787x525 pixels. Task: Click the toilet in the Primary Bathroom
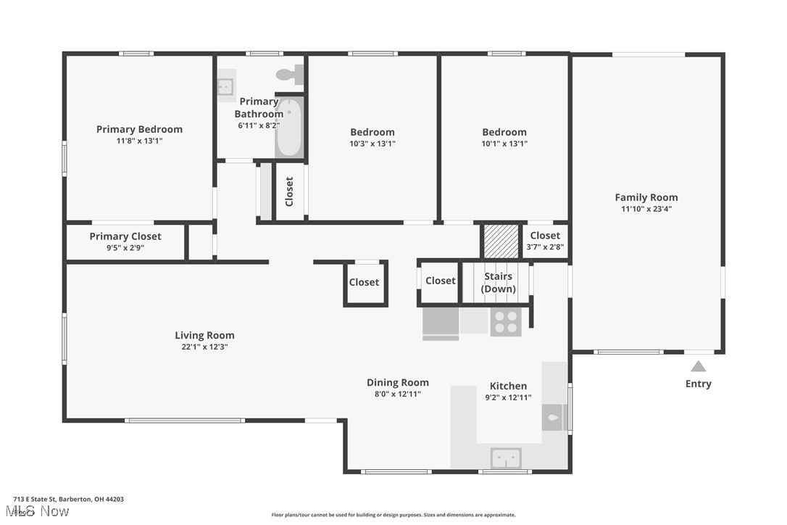pyautogui.click(x=290, y=73)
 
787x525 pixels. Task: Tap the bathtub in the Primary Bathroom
pyautogui.click(x=288, y=128)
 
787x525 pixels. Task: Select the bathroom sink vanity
pyautogui.click(x=225, y=86)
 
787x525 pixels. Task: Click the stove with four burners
pyautogui.click(x=506, y=321)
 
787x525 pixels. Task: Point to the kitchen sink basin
pyautogui.click(x=506, y=458)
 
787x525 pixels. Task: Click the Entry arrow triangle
pyautogui.click(x=698, y=366)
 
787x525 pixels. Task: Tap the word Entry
pyautogui.click(x=698, y=384)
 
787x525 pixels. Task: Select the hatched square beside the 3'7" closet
pyautogui.click(x=501, y=241)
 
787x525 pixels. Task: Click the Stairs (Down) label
pyautogui.click(x=499, y=283)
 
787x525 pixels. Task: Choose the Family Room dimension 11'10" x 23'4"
pyautogui.click(x=646, y=209)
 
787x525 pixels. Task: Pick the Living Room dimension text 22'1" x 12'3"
pyautogui.click(x=204, y=347)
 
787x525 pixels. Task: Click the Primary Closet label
pyautogui.click(x=125, y=236)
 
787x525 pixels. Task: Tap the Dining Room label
pyautogui.click(x=397, y=382)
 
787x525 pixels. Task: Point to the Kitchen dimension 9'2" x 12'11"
pyautogui.click(x=508, y=397)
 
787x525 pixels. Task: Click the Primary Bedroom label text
pyautogui.click(x=139, y=129)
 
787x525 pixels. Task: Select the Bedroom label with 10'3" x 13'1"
pyautogui.click(x=372, y=132)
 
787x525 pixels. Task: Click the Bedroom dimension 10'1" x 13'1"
pyautogui.click(x=504, y=144)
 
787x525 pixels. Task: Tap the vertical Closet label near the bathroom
pyautogui.click(x=289, y=192)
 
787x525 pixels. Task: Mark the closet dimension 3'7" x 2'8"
pyautogui.click(x=545, y=247)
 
